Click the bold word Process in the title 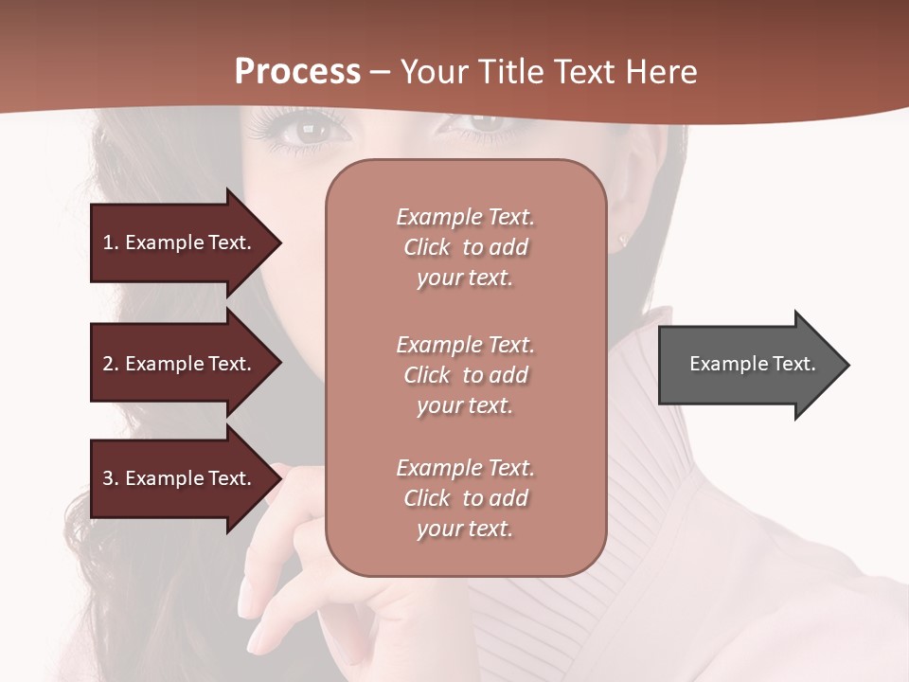click(x=297, y=72)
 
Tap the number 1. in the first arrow click(x=110, y=242)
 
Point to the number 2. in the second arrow click(x=110, y=364)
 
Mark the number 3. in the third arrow click(x=110, y=478)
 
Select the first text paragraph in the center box click(x=465, y=247)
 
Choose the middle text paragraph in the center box click(x=465, y=375)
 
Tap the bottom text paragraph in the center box click(x=465, y=498)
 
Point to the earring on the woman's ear click(x=622, y=241)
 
